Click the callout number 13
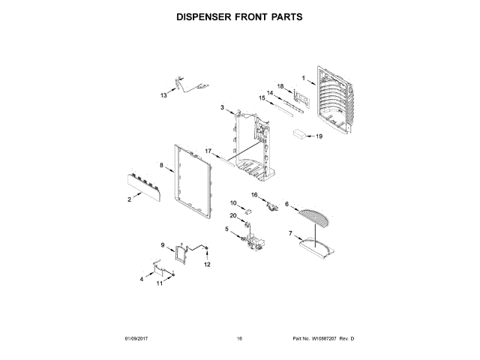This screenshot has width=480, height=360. tap(163, 95)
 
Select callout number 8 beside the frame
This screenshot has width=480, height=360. tap(161, 165)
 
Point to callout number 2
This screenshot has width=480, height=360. tap(129, 199)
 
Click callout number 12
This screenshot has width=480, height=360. tap(208, 265)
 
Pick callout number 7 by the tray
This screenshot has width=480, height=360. tap(289, 234)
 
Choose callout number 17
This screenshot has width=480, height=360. tap(209, 151)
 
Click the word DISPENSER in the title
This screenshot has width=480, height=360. tap(206, 15)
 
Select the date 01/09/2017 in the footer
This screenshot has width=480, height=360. tap(138, 339)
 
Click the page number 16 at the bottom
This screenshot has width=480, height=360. tap(239, 339)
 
